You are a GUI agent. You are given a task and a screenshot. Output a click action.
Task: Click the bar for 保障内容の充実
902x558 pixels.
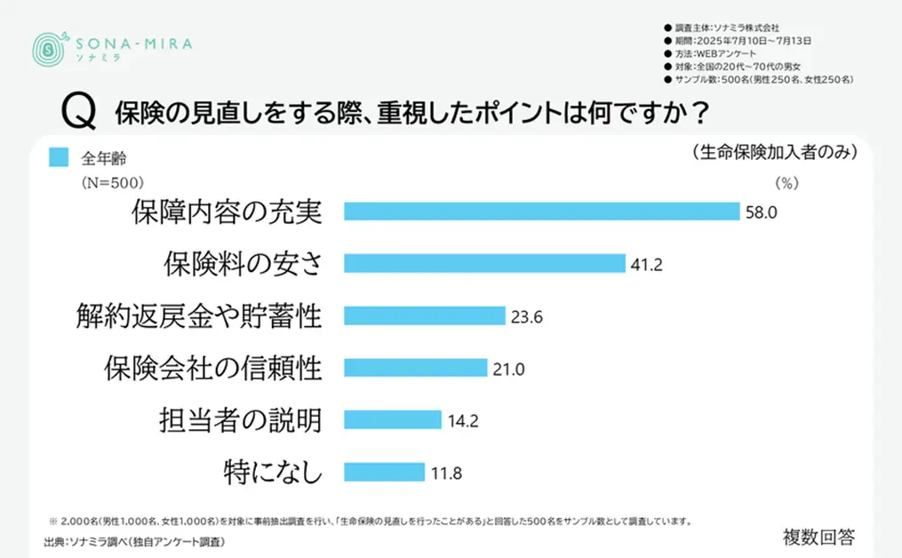[x=541, y=211]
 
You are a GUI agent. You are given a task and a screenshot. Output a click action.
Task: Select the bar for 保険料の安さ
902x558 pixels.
[x=484, y=264]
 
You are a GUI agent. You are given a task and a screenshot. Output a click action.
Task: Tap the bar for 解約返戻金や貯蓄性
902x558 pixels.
[x=424, y=315]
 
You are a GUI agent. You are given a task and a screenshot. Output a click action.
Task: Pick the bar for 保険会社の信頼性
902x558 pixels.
[x=415, y=368]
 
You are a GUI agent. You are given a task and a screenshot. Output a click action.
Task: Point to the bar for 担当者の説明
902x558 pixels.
[x=392, y=419]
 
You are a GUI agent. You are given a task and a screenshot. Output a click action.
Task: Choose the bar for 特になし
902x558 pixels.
[x=384, y=472]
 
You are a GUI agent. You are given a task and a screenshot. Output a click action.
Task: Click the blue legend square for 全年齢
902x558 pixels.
[x=59, y=157]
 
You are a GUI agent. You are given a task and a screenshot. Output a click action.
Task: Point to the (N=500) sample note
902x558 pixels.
[x=107, y=181]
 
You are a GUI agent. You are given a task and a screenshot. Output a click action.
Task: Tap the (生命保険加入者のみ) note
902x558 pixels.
[x=772, y=153]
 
